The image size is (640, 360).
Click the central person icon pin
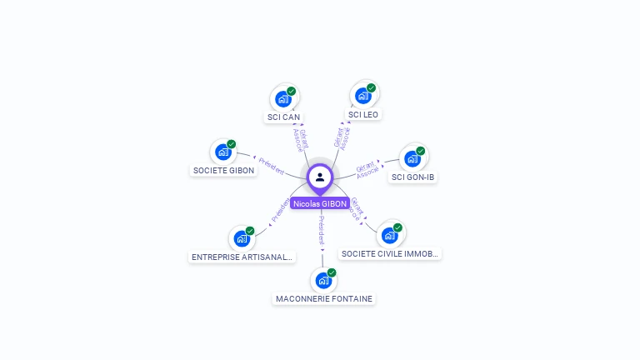(320, 177)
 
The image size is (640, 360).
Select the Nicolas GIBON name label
(320, 203)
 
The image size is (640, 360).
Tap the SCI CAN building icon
(283, 99)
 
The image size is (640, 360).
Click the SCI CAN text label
(283, 117)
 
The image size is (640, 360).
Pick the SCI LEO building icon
(363, 96)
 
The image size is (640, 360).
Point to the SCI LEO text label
(363, 114)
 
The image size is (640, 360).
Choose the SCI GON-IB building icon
(412, 158)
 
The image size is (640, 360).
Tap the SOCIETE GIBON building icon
(223, 152)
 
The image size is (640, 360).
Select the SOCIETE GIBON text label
(224, 170)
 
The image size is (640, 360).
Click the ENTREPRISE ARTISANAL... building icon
(242, 238)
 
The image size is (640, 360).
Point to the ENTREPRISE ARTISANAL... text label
(242, 257)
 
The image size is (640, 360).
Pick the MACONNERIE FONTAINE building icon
(323, 280)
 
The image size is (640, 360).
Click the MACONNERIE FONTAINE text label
(324, 298)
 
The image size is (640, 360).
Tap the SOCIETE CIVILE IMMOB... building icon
(390, 235)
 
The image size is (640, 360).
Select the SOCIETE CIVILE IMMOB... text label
(390, 253)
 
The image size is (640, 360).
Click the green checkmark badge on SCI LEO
(372, 87)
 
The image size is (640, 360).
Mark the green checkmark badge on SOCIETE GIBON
(232, 144)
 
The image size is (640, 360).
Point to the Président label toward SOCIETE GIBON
(272, 164)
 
